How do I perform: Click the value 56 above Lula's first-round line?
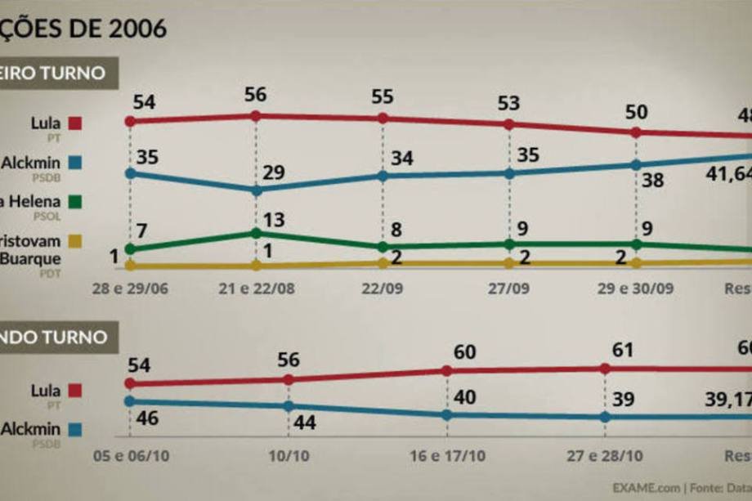(256, 95)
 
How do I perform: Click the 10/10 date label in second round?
(289, 456)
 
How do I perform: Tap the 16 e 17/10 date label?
(446, 456)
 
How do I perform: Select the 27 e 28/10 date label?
(605, 456)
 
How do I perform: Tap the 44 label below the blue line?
(305, 424)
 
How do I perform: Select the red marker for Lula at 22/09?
(383, 119)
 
